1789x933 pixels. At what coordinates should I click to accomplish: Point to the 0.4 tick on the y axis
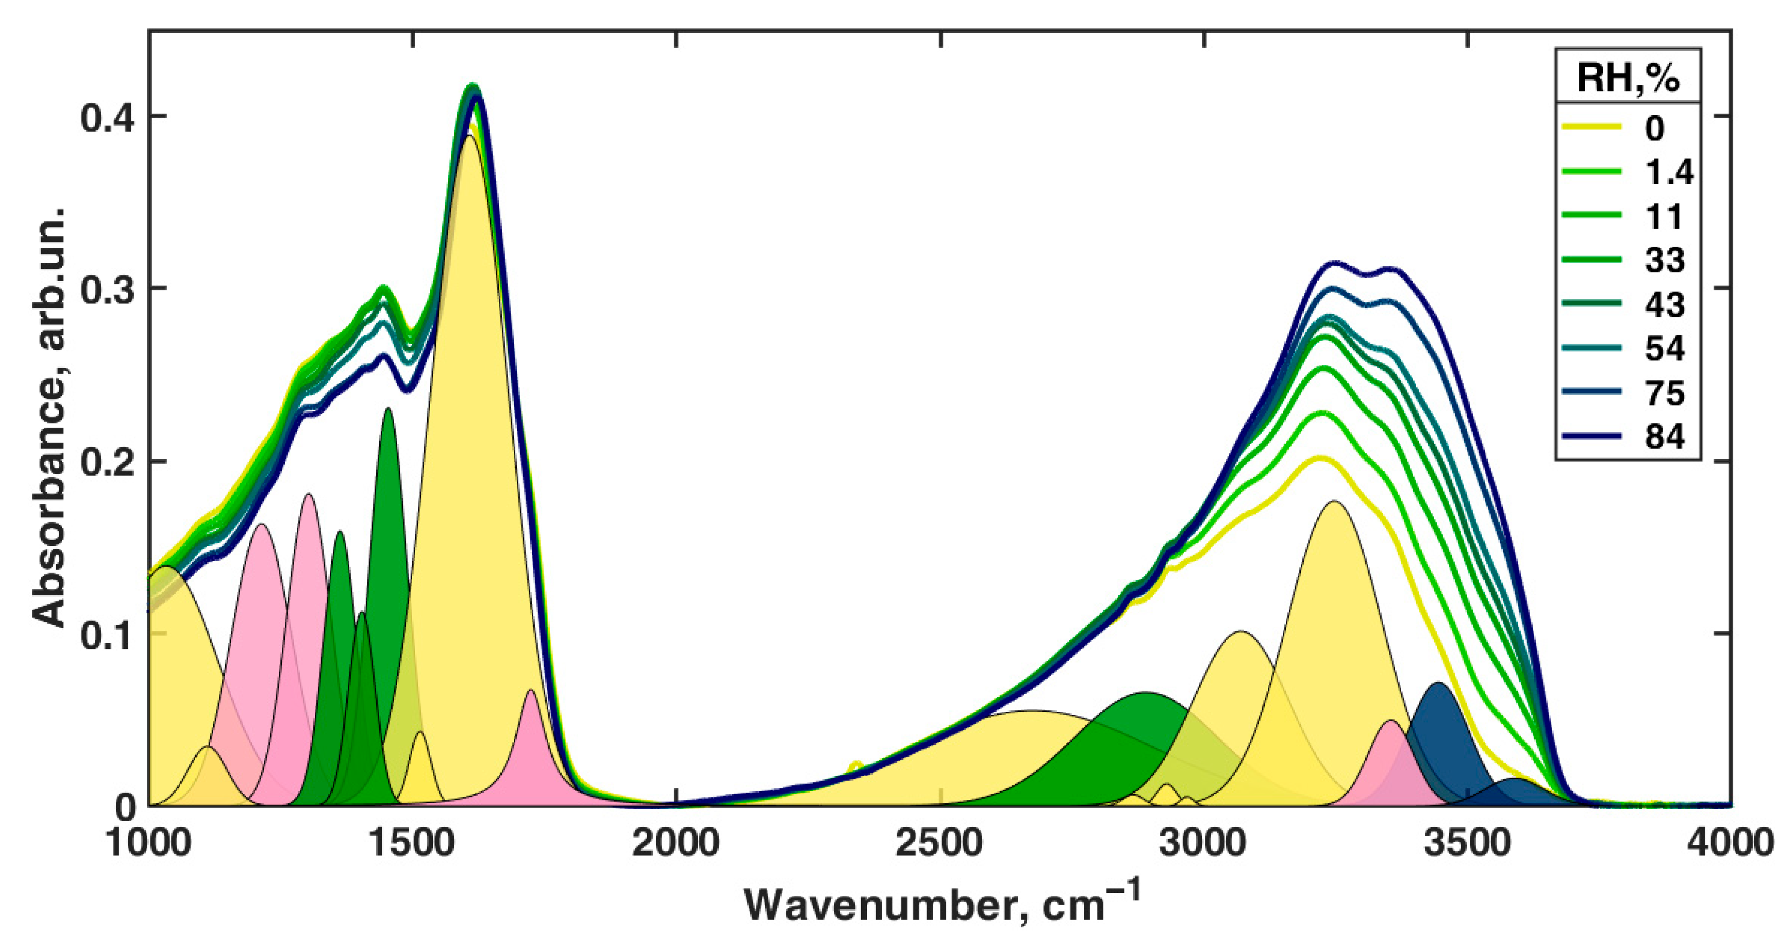pyautogui.click(x=107, y=117)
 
